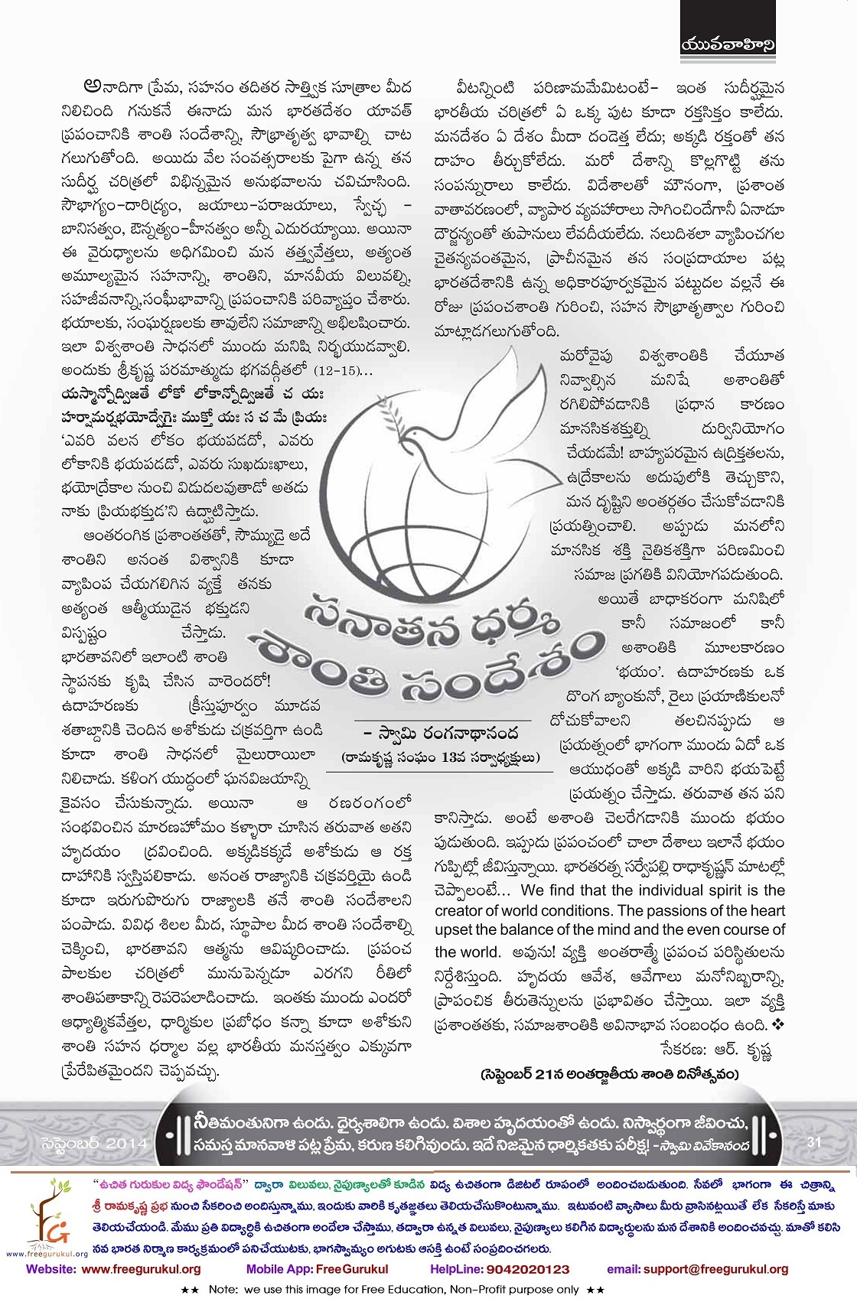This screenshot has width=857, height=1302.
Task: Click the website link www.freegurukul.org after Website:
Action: tap(141, 1268)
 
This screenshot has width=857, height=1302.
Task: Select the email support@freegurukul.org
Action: tap(715, 1268)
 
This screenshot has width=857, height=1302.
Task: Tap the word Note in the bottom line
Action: tap(223, 1288)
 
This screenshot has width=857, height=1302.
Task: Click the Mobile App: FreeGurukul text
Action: tap(317, 1268)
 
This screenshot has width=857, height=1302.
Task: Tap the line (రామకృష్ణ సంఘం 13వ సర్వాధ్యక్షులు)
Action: tap(440, 757)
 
